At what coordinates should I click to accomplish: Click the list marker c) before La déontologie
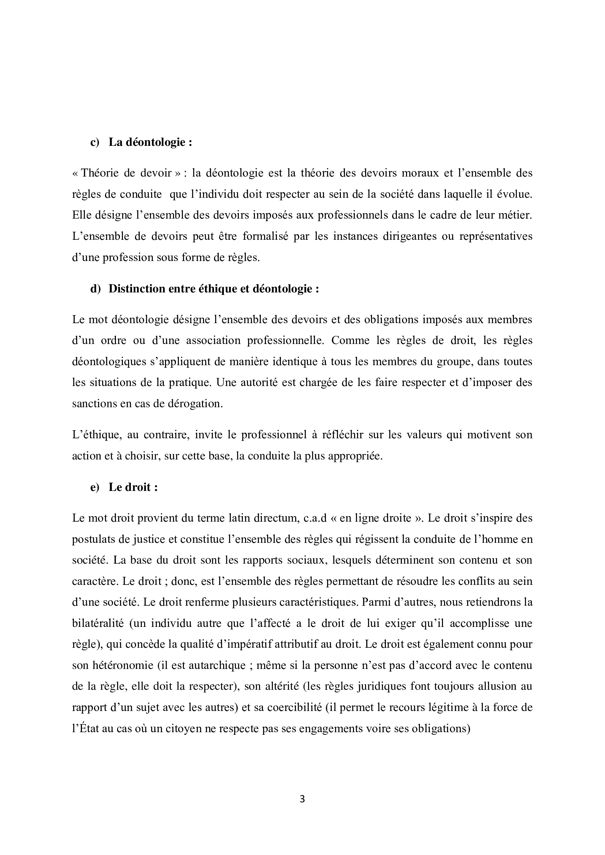click(95, 142)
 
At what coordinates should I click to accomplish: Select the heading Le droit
click(133, 487)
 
